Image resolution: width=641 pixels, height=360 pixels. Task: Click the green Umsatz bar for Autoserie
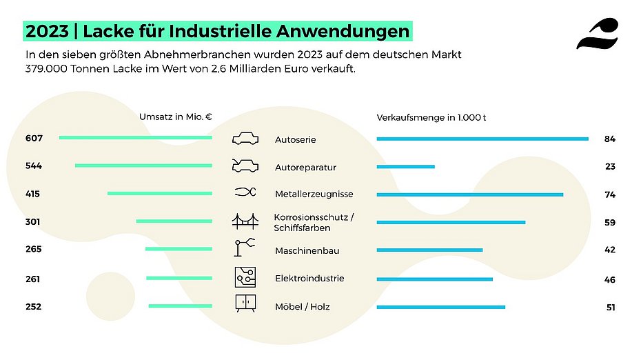click(136, 138)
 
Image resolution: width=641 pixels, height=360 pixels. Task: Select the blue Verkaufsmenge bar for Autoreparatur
click(405, 166)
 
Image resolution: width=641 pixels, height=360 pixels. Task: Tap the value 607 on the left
click(34, 139)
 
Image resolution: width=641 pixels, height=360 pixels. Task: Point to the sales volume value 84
click(609, 139)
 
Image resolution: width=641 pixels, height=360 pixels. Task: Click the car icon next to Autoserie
click(245, 139)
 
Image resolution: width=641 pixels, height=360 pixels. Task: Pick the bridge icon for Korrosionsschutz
click(245, 221)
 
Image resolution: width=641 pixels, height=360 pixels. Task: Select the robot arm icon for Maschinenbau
click(245, 249)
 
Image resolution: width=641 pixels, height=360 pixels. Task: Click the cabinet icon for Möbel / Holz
click(245, 304)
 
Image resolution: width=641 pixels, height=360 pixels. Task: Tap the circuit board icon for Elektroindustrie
click(245, 277)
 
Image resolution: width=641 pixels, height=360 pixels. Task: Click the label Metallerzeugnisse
click(305, 195)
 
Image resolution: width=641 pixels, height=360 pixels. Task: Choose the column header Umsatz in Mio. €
click(176, 117)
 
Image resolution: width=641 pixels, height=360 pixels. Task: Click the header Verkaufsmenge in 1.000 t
click(431, 117)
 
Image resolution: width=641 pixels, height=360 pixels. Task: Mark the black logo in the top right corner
click(597, 34)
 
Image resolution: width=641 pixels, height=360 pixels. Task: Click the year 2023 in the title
click(47, 31)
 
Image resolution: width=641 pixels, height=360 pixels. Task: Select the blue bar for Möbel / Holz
click(441, 307)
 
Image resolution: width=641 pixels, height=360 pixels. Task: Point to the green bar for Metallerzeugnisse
click(160, 194)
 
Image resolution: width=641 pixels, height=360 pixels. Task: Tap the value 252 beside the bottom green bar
click(33, 307)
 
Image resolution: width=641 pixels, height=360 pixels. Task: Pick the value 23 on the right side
click(609, 167)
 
